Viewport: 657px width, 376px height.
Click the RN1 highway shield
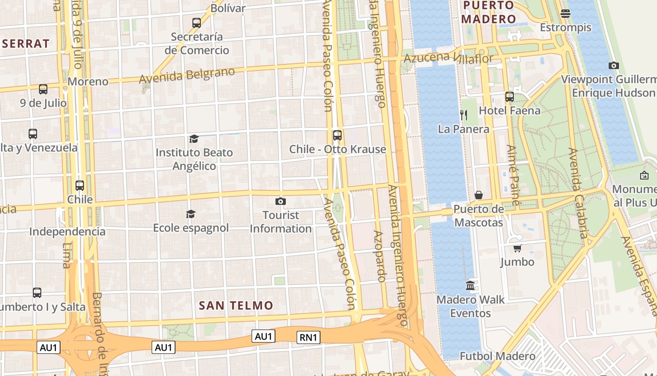pyautogui.click(x=308, y=337)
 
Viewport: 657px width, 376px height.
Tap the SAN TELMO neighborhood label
pyautogui.click(x=236, y=305)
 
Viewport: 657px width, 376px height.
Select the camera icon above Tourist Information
pyautogui.click(x=281, y=202)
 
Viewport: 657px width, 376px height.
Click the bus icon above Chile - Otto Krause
pyautogui.click(x=337, y=135)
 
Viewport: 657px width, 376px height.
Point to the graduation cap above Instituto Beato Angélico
pyautogui.click(x=194, y=139)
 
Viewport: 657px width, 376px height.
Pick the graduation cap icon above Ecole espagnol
pyautogui.click(x=191, y=214)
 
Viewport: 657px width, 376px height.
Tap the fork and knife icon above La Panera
pyautogui.click(x=464, y=115)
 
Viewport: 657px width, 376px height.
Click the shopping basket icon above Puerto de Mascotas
pyautogui.click(x=479, y=195)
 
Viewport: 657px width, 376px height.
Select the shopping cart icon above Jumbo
pyautogui.click(x=517, y=248)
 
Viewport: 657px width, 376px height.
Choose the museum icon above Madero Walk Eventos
pyautogui.click(x=470, y=286)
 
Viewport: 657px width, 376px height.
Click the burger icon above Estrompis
pyautogui.click(x=565, y=13)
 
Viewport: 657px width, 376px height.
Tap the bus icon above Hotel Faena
pyautogui.click(x=510, y=97)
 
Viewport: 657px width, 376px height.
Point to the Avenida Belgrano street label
pyautogui.click(x=187, y=75)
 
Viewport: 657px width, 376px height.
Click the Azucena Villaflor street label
pyautogui.click(x=449, y=58)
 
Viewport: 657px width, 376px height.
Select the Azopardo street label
pyautogui.click(x=380, y=256)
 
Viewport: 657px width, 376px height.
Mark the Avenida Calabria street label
pyautogui.click(x=578, y=193)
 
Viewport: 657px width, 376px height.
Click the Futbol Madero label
pyautogui.click(x=497, y=356)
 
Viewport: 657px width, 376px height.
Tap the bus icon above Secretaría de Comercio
pyautogui.click(x=197, y=23)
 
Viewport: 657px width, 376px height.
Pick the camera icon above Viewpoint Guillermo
pyautogui.click(x=613, y=66)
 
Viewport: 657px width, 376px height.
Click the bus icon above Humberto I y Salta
pyautogui.click(x=37, y=293)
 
